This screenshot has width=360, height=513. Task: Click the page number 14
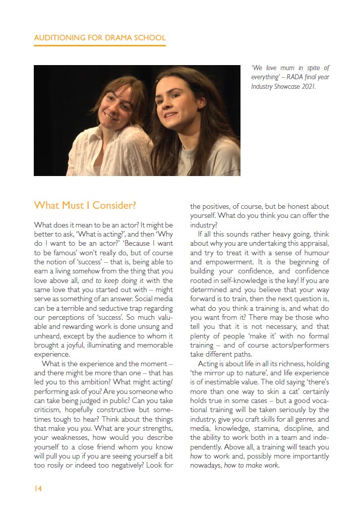38,488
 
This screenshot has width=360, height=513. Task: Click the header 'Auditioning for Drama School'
99,38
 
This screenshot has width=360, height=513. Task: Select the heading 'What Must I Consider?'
85,205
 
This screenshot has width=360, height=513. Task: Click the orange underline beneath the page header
99,45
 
